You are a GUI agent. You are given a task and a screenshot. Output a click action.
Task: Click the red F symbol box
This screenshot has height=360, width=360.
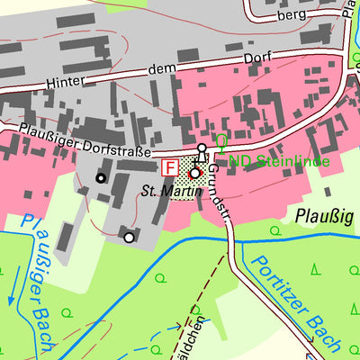168,167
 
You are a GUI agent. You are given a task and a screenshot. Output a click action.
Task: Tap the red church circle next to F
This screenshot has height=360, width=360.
193,172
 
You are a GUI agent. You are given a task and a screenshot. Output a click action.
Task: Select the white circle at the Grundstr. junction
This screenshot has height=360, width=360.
202,148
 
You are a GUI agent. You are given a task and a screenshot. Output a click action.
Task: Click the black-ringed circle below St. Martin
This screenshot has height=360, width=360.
129,238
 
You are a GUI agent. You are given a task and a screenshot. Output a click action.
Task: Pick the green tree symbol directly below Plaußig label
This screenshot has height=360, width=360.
318,267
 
